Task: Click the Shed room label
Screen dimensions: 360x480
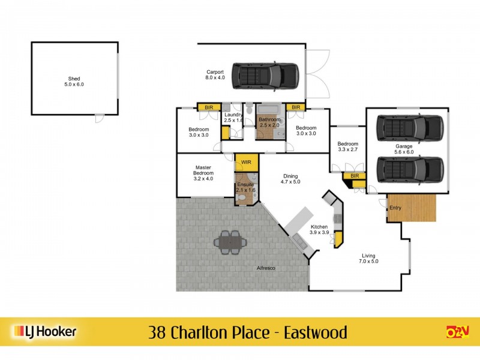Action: pos(74,79)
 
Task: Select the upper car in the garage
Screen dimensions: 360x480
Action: pos(410,127)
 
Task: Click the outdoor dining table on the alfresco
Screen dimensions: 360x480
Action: pos(230,242)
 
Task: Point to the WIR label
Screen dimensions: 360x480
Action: pos(246,162)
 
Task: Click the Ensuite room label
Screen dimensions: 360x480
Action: pos(245,184)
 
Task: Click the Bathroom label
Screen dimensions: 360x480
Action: pos(269,119)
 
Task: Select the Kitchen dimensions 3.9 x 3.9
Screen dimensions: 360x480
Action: pos(319,232)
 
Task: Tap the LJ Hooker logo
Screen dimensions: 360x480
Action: pos(44,332)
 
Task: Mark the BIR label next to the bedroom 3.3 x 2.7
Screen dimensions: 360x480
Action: pos(354,176)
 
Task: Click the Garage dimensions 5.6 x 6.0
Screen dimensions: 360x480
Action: pos(404,152)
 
